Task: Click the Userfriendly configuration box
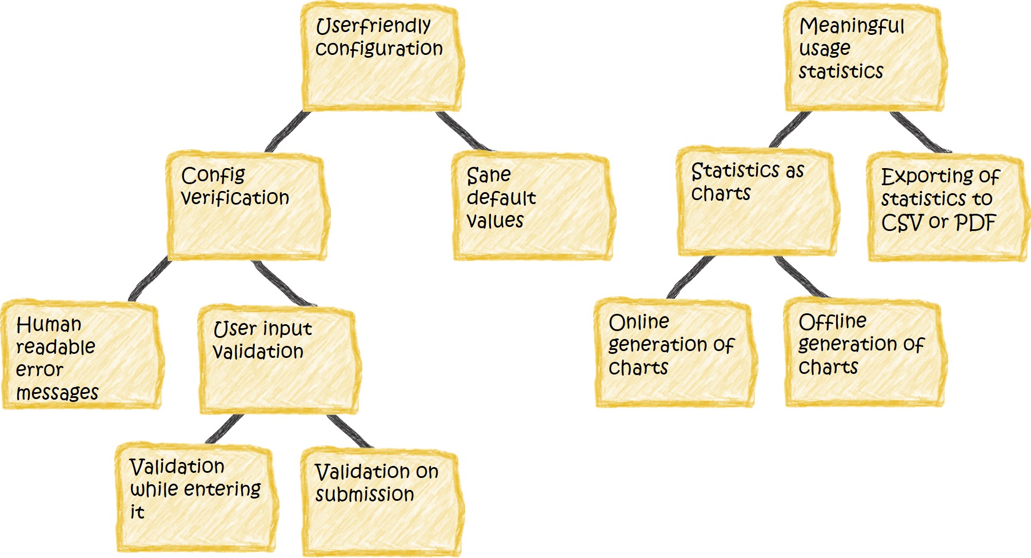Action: pos(381,57)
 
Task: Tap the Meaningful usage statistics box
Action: pos(864,57)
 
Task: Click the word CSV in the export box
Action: pos(902,223)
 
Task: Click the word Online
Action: pos(638,322)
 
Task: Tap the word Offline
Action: pos(832,322)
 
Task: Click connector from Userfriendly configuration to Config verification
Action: pos(288,131)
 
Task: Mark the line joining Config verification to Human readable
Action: pos(150,280)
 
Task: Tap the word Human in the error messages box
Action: pos(49,325)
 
